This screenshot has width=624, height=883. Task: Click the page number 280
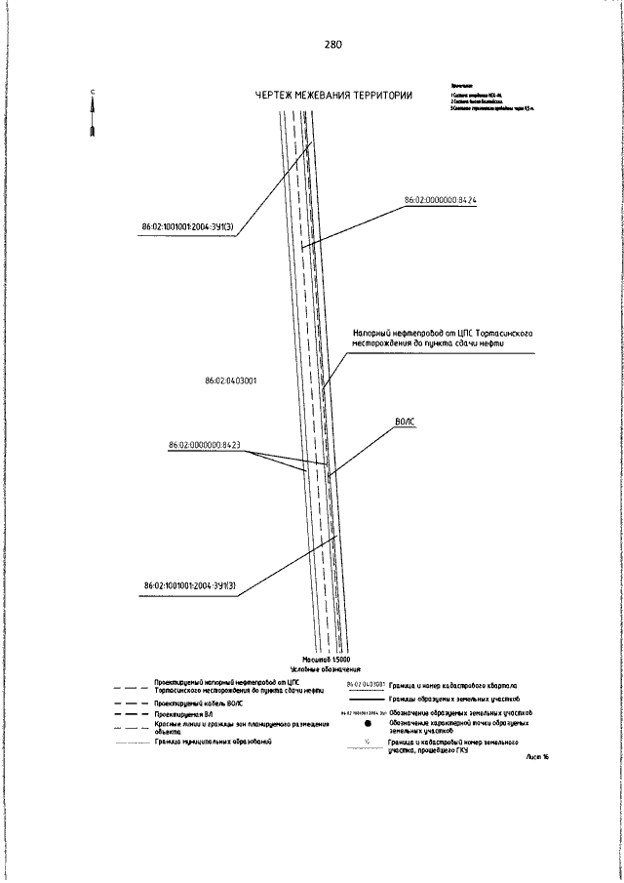click(332, 45)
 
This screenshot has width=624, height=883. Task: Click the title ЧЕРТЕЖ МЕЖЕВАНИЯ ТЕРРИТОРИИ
click(332, 96)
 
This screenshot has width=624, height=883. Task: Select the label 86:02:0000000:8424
click(440, 200)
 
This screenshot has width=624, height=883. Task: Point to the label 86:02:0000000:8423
click(205, 445)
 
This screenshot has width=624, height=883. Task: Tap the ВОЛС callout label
click(406, 421)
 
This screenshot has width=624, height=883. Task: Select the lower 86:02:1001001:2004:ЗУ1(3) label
click(191, 586)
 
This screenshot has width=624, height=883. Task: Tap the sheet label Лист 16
click(536, 756)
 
